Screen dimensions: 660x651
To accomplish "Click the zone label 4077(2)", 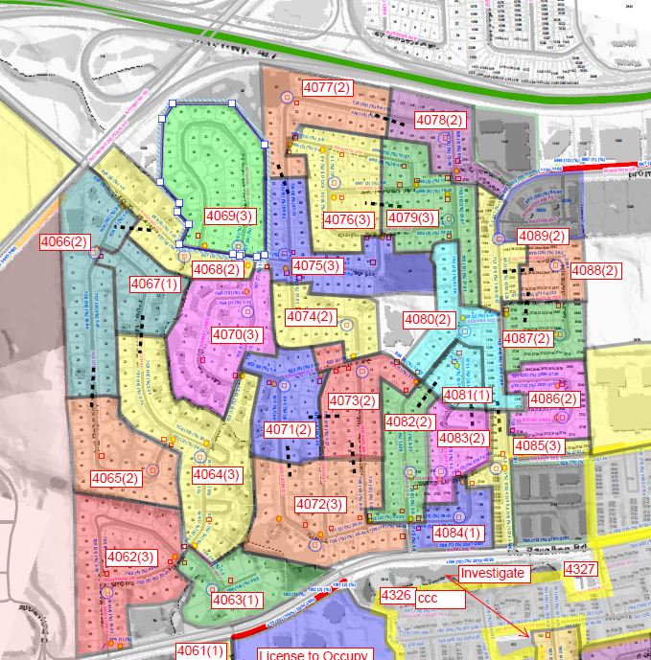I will coord(327,88).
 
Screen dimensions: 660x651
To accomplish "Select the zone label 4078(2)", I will coord(439,120).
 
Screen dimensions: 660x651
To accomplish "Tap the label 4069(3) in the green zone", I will coord(230,216).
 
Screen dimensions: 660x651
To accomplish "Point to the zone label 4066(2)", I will coord(64,241).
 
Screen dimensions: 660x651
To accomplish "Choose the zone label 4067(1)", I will coord(154,284).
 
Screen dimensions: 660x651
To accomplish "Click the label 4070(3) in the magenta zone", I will coord(237,334).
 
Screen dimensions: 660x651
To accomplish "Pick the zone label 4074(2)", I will coord(311,317).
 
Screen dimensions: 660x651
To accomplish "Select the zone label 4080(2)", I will coord(428,319).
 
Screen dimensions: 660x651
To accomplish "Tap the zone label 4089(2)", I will coord(543,236).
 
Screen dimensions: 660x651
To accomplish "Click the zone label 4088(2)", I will coord(595,271).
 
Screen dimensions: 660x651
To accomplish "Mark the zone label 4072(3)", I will coord(319,505).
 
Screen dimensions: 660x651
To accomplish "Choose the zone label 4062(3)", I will coord(130,557).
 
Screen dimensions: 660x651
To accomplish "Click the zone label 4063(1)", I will coord(236,600).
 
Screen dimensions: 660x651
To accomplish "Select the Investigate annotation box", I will coord(493,573).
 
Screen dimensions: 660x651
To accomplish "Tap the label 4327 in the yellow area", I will coord(580,570).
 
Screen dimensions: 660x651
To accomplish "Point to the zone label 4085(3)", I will coord(539,445).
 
